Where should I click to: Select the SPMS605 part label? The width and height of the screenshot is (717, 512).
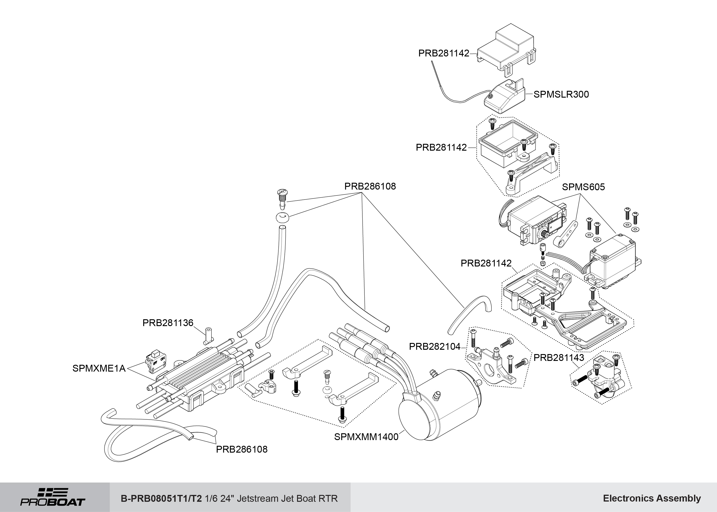click(583, 187)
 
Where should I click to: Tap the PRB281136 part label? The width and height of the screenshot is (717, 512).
click(168, 323)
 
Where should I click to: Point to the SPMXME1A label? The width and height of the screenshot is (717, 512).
click(99, 368)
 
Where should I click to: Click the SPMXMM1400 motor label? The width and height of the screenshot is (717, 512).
click(366, 437)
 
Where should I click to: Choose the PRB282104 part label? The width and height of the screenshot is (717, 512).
click(435, 347)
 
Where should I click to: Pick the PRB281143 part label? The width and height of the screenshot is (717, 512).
click(559, 357)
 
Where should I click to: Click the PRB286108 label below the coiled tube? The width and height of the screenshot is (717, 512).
click(242, 449)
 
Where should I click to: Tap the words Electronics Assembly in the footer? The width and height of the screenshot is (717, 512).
click(652, 498)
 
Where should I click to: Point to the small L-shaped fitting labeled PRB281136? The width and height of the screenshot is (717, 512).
click(208, 336)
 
